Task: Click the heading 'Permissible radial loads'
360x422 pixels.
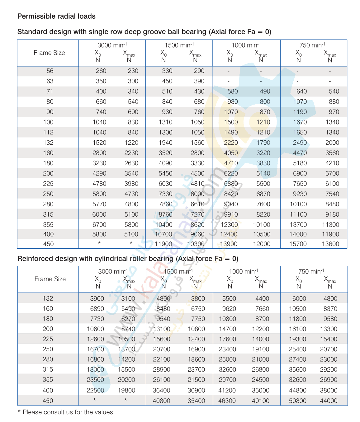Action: pyautogui.click(x=56, y=16)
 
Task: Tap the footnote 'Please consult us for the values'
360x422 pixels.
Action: pyautogui.click(x=68, y=412)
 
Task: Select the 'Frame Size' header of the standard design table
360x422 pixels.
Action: pyautogui.click(x=49, y=53)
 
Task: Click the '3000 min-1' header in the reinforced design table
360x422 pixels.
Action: pyautogui.click(x=113, y=271)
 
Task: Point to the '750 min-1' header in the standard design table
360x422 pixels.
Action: pyautogui.click(x=312, y=45)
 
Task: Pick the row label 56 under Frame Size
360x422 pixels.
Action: pyautogui.click(x=50, y=71)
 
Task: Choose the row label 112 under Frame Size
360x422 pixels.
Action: pyautogui.click(x=48, y=132)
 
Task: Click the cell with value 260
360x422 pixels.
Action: pyautogui.click(x=101, y=71)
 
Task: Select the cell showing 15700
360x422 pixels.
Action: pyautogui.click(x=298, y=244)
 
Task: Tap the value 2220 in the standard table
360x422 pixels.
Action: pyautogui.click(x=231, y=143)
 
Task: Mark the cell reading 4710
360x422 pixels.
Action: pyautogui.click(x=231, y=163)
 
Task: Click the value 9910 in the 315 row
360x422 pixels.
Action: pyautogui.click(x=231, y=214)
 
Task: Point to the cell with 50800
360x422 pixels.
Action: pyautogui.click(x=297, y=401)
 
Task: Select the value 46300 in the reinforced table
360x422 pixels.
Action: pyautogui.click(x=227, y=401)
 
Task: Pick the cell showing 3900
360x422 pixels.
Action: pyautogui.click(x=97, y=298)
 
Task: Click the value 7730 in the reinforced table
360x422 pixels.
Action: pyautogui.click(x=97, y=319)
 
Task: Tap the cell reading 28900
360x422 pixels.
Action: pyautogui.click(x=162, y=369)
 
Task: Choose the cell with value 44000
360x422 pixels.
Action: pyautogui.click(x=329, y=401)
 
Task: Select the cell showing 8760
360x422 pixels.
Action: pyautogui.click(x=165, y=214)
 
